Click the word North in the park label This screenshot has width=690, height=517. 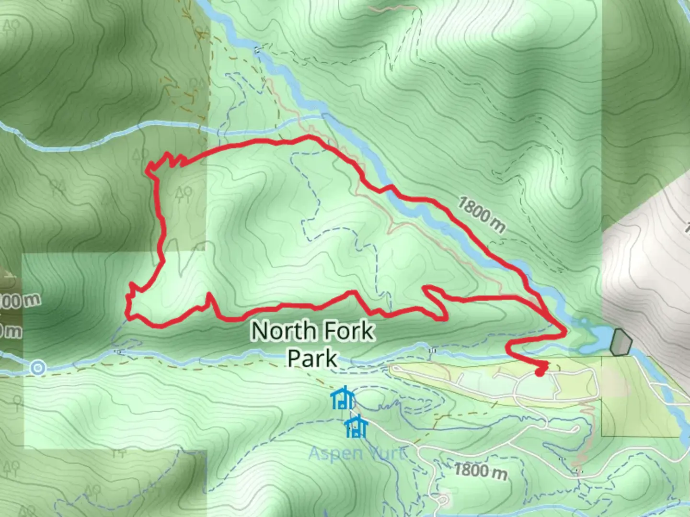[x=284, y=331]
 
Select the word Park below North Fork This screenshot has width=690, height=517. [x=312, y=358]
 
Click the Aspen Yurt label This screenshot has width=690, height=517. [x=357, y=453]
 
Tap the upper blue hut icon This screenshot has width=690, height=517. [x=343, y=398]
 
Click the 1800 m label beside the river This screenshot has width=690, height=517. [x=481, y=214]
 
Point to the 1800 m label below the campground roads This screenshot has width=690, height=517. [x=480, y=470]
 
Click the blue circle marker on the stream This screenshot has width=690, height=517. [x=38, y=368]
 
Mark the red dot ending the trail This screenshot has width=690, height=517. [x=539, y=372]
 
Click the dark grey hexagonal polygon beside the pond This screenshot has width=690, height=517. [x=621, y=342]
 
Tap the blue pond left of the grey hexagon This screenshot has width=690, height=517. [x=594, y=335]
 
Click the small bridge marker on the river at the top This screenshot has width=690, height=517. [x=259, y=49]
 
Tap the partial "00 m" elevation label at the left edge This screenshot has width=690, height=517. [x=19, y=301]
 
